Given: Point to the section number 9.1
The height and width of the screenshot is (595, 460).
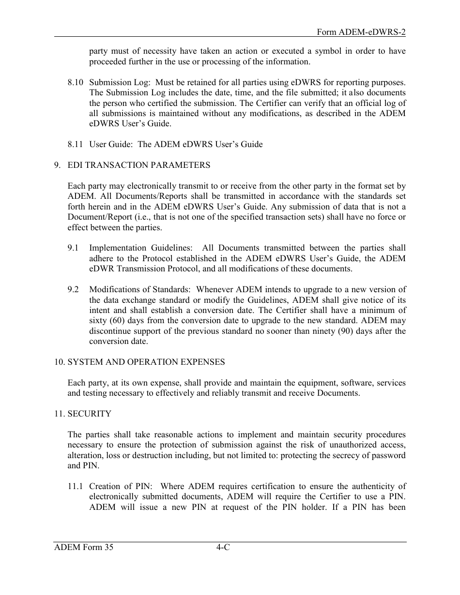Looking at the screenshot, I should click(73, 248).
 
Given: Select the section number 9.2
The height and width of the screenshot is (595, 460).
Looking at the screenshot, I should click(73, 290).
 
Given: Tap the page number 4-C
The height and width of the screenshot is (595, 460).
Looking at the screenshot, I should click(223, 548).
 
